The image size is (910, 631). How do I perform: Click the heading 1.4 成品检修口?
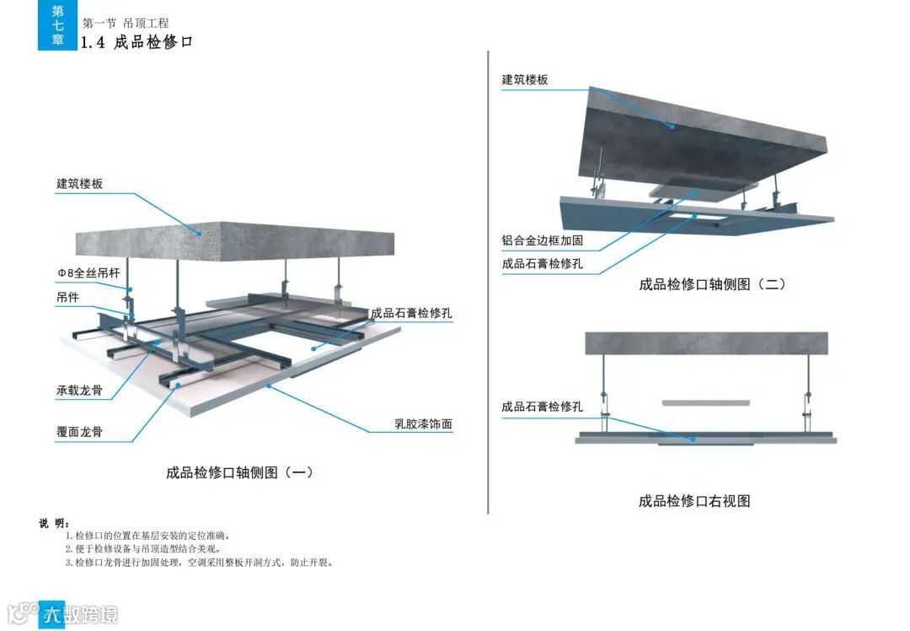click(x=136, y=41)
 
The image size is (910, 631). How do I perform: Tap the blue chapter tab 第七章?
click(x=57, y=25)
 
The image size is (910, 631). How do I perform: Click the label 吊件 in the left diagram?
click(x=67, y=297)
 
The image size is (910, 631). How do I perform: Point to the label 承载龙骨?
click(x=79, y=391)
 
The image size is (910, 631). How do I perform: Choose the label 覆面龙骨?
click(x=79, y=431)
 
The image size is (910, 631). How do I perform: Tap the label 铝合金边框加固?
click(x=542, y=240)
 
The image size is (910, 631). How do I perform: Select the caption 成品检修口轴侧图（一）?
click(x=240, y=472)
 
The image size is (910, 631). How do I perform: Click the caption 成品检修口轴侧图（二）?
click(x=712, y=284)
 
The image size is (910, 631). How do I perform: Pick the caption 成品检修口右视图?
click(x=693, y=501)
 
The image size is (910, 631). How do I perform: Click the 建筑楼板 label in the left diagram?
click(x=79, y=183)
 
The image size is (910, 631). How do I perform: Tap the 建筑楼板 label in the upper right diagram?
click(x=525, y=79)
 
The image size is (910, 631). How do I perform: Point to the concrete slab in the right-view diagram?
click(x=706, y=342)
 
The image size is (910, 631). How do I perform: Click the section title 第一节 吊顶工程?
click(x=126, y=23)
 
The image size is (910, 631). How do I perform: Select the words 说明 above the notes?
click(x=54, y=523)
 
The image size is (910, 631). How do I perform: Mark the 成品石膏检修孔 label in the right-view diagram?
click(x=542, y=407)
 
